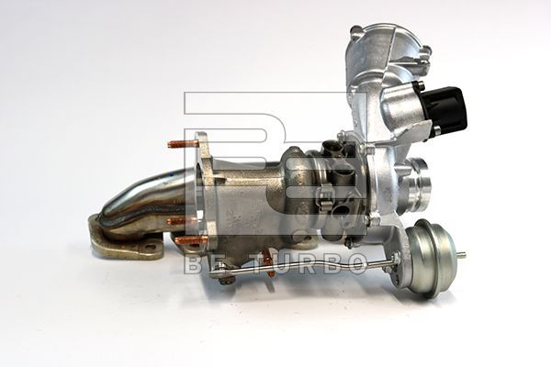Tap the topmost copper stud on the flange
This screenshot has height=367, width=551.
[181, 144]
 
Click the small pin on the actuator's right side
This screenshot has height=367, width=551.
[460, 254]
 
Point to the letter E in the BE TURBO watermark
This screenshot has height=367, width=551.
[215, 264]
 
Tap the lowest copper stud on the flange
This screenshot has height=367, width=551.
[190, 241]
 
